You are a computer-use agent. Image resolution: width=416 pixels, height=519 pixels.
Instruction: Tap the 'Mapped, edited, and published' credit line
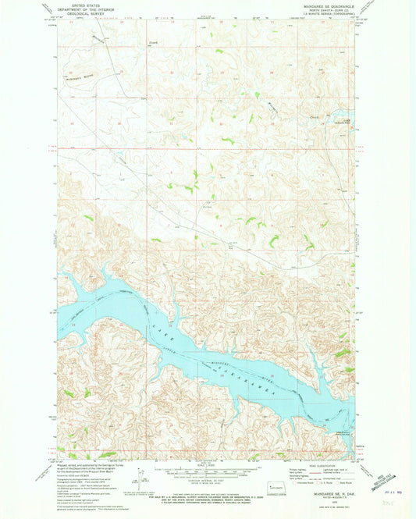point(86,462)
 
